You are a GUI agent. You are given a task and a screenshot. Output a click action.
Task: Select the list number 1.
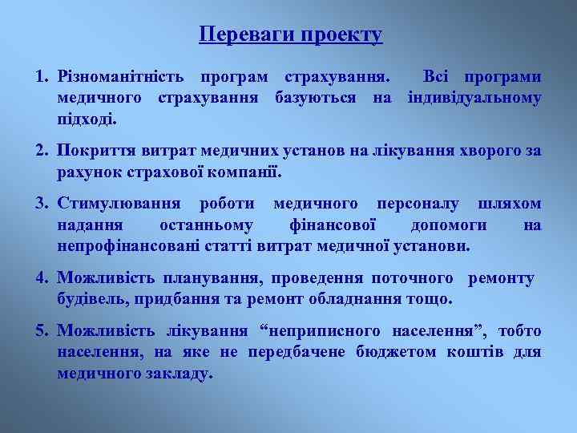point(40,78)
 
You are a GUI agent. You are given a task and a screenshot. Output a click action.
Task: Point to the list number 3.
point(40,204)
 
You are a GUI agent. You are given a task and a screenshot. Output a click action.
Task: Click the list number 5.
point(40,330)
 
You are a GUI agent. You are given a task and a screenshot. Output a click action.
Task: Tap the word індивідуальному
point(474,99)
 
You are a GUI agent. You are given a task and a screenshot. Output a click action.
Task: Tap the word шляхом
point(509,204)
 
